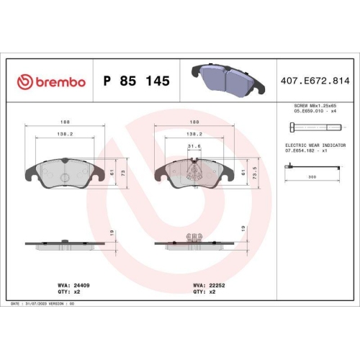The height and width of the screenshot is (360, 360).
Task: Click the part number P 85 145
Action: pos(137,81)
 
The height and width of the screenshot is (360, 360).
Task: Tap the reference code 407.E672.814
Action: pos(314,81)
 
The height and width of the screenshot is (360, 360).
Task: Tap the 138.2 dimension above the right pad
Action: pos(192,134)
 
